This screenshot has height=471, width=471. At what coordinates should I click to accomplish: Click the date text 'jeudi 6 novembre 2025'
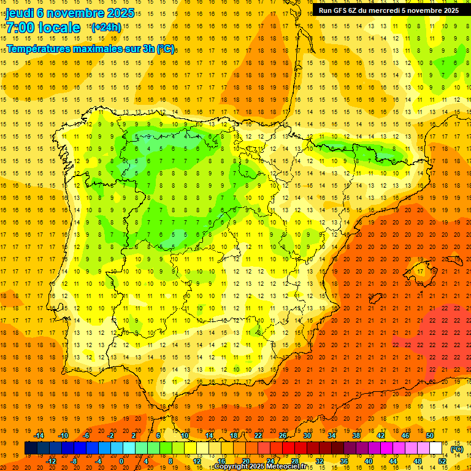70,12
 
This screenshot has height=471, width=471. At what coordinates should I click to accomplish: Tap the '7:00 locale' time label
43,28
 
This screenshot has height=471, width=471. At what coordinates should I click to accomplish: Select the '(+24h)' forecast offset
106,27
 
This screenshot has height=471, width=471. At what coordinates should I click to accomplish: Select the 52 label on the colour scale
442,461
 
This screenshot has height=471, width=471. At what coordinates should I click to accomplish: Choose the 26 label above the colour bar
283,435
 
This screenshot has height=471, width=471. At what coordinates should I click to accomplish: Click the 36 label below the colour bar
343,461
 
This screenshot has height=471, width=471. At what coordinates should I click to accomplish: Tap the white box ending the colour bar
436,448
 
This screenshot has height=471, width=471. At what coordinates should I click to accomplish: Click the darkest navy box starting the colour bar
31,448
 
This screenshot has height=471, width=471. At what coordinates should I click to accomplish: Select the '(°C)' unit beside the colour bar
457,449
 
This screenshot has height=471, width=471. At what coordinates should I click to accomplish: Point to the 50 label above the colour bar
430,435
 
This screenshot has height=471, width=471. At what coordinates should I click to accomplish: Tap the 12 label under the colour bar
197,461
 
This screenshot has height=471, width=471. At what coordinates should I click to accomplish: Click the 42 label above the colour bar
381,435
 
